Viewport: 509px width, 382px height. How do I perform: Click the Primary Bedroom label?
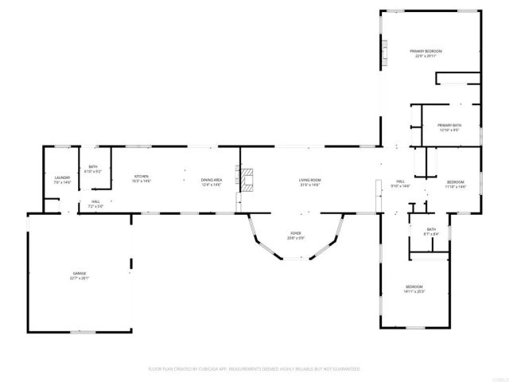(425, 51)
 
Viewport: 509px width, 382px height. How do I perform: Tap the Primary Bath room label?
(449, 125)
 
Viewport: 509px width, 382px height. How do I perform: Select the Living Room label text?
(309, 181)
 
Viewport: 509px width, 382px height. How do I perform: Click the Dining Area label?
(211, 181)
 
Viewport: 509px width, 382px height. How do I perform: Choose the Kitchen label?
(142, 177)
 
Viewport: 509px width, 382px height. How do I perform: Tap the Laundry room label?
(62, 178)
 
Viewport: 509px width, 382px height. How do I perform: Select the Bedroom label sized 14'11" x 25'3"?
(414, 286)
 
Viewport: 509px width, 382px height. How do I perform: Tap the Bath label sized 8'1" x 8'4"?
(431, 229)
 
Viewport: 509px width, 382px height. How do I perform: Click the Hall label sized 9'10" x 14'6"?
(402, 182)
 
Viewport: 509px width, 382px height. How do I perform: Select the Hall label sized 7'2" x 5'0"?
(95, 202)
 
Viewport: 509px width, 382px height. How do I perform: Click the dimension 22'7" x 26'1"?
(80, 278)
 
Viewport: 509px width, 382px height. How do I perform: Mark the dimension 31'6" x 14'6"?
(309, 185)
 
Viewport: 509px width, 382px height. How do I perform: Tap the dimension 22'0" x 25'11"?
(425, 56)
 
